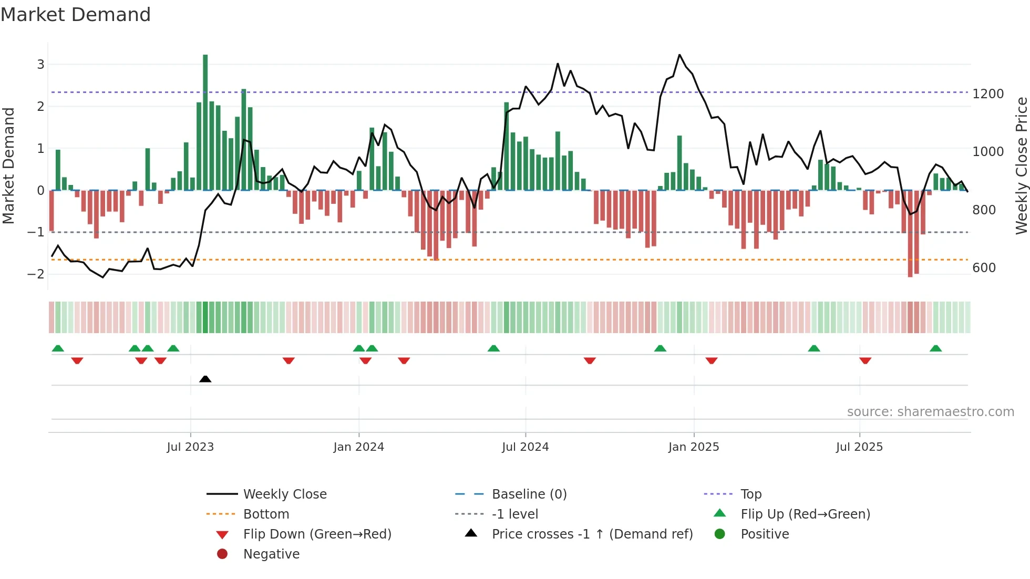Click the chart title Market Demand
[x=76, y=15]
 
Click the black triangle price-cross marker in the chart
[x=205, y=379]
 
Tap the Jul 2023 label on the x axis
[x=190, y=447]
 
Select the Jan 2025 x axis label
[x=694, y=447]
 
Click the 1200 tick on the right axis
[x=988, y=94]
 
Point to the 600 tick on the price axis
[x=984, y=268]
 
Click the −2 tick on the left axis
[x=36, y=274]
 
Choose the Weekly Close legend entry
[x=284, y=494]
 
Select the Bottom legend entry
[x=266, y=514]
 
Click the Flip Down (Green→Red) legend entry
[x=317, y=534]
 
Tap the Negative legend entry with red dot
[x=271, y=554]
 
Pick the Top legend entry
[x=751, y=494]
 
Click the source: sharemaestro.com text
[x=930, y=412]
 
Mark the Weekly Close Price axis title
[x=1021, y=166]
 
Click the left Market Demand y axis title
[x=9, y=166]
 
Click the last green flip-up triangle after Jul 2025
[x=935, y=348]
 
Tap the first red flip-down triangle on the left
[x=77, y=360]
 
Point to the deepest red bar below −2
[x=910, y=234]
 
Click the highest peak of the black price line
[x=679, y=55]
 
